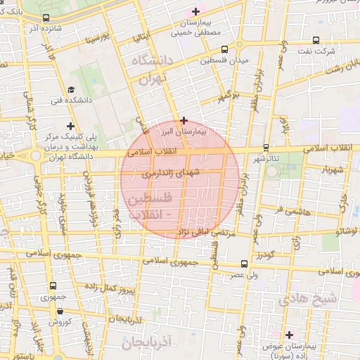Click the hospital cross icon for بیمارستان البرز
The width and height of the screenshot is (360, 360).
[x=184, y=120]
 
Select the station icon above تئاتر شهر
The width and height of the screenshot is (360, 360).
[x=266, y=147]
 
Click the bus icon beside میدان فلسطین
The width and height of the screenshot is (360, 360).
[x=224, y=49]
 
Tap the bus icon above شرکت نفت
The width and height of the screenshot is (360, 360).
[x=316, y=40]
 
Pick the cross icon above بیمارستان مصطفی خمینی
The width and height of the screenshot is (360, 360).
[x=195, y=11]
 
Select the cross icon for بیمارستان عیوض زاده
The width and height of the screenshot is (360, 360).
[x=289, y=334]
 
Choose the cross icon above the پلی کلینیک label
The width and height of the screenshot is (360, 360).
[x=70, y=125]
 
